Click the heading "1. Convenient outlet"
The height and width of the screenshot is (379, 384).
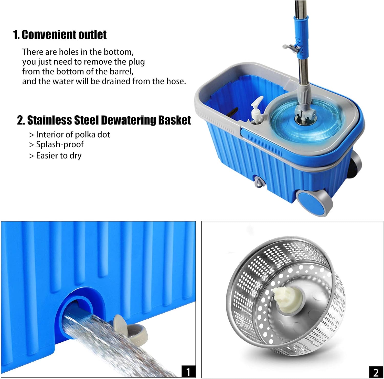coord(60,35)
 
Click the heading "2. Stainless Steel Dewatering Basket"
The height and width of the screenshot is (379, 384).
coord(104,120)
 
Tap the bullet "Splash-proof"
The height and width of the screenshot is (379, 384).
coord(60,144)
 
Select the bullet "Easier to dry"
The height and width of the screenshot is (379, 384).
coord(59,155)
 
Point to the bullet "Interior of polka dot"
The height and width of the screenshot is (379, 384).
coord(73,135)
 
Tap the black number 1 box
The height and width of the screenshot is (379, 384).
coord(188,371)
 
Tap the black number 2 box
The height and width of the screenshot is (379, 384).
coord(376,372)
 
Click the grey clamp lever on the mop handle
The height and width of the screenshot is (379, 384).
coord(291,48)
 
